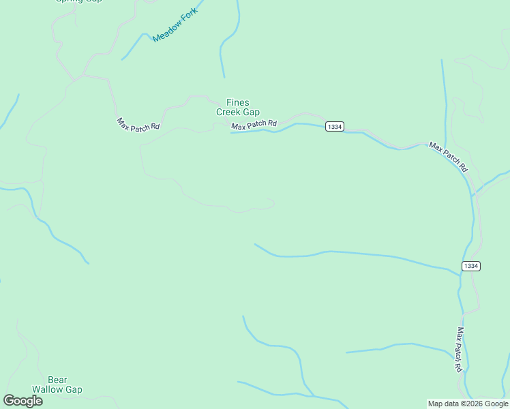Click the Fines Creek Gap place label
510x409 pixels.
pos(238,108)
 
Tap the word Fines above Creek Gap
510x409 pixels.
pos(238,103)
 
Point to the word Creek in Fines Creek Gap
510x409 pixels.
pos(228,112)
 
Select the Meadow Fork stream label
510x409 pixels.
pos(175,25)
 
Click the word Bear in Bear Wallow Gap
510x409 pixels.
pos(57,380)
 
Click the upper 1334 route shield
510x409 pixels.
pos(334,127)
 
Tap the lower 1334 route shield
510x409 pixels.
pos(470,266)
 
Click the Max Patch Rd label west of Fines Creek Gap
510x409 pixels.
pos(138,125)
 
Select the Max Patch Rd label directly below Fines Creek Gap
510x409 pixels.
pos(254,125)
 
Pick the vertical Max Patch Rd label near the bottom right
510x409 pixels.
pos(460,349)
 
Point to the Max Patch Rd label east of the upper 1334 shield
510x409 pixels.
pos(448,157)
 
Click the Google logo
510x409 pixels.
pos(22,401)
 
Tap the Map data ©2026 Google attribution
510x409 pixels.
pos(468,404)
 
